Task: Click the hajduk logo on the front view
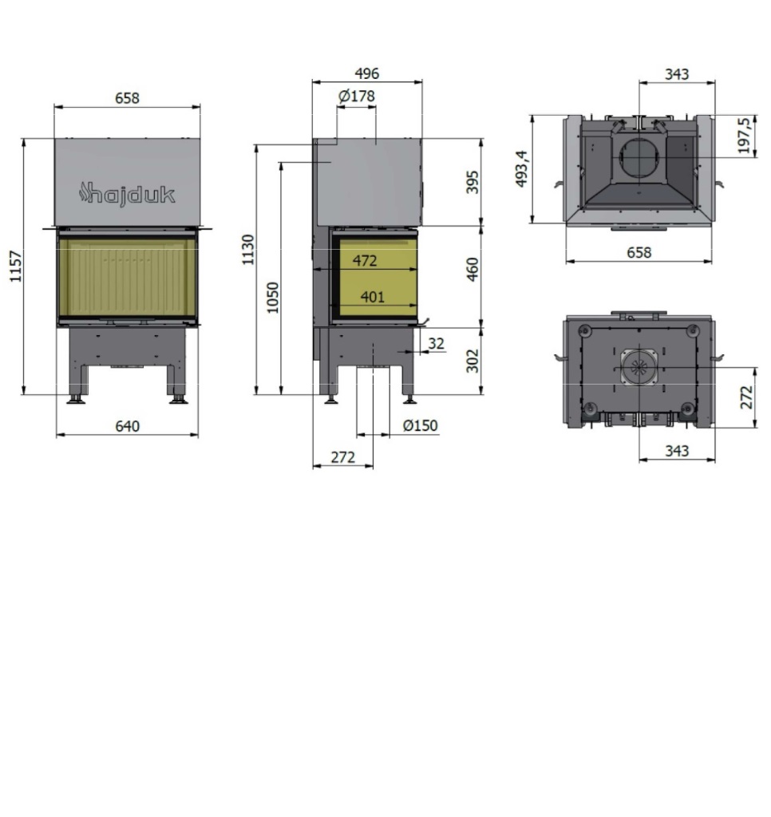(x=127, y=195)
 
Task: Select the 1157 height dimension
(x=16, y=266)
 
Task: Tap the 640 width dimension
(x=127, y=426)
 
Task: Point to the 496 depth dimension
(x=367, y=73)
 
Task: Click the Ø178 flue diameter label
(x=357, y=96)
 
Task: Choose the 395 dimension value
(x=472, y=182)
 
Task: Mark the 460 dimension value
(x=472, y=269)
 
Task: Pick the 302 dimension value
(x=472, y=361)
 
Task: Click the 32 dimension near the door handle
(x=437, y=343)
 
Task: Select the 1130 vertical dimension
(x=248, y=250)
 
